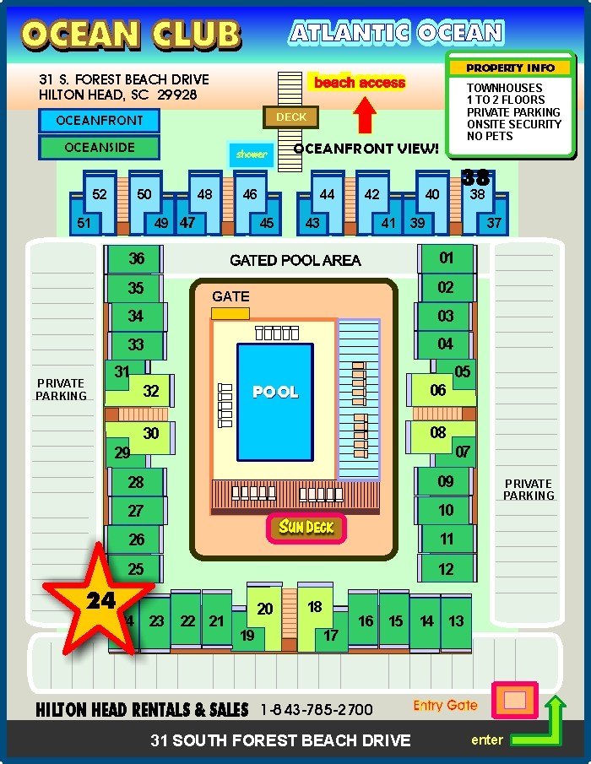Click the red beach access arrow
click(364, 116)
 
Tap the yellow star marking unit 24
click(99, 599)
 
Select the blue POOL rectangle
click(274, 402)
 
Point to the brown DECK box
click(291, 117)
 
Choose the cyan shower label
click(252, 154)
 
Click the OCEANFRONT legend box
click(99, 121)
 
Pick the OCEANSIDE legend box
click(99, 147)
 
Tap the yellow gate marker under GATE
click(230, 313)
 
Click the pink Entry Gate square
click(514, 700)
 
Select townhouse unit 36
click(134, 258)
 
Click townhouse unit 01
click(447, 258)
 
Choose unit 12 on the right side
click(447, 568)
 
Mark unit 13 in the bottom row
click(456, 621)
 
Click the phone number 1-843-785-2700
click(317, 709)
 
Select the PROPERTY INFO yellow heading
click(510, 68)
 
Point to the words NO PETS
click(490, 136)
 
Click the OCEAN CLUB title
click(131, 35)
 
